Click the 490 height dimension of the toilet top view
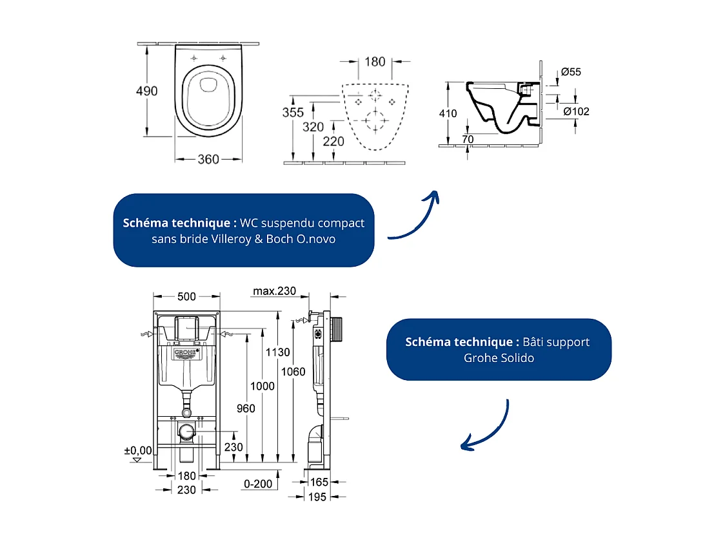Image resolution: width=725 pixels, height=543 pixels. tap(146, 91)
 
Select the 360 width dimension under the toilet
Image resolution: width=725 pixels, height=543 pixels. tap(208, 159)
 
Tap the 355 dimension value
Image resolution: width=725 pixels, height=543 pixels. tap(293, 112)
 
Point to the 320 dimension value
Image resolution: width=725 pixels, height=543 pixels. tap(313, 127)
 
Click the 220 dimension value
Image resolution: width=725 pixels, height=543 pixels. tap(333, 141)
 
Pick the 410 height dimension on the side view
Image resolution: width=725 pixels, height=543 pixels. tap(448, 113)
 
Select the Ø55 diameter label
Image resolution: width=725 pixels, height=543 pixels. tap(571, 72)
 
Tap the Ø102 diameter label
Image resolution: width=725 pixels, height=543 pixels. tap(576, 111)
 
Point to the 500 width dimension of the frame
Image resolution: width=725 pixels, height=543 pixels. tap(186, 296)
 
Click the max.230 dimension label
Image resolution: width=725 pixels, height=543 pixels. tap(274, 291)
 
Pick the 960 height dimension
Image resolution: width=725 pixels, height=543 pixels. tap(245, 408)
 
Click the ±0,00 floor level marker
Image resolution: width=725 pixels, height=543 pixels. tap(138, 451)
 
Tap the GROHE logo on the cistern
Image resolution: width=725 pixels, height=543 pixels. tap(186, 353)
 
